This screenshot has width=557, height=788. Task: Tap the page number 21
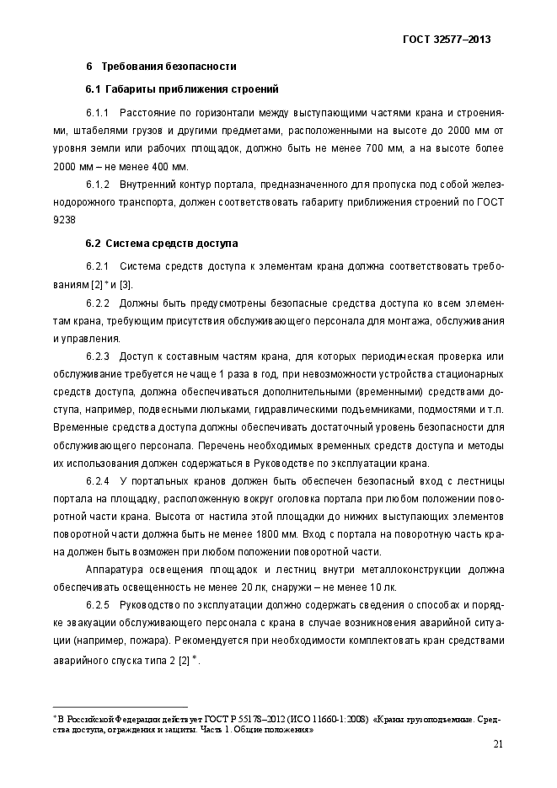pos(497,743)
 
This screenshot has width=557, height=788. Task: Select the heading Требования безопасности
pos(169,66)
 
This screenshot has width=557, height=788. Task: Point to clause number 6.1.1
pos(99,112)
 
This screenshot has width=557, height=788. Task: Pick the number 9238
pos(64,219)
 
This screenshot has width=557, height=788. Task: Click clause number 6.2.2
pos(99,303)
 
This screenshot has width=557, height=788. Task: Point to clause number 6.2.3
pos(99,356)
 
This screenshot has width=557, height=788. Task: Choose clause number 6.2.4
pos(99,480)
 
